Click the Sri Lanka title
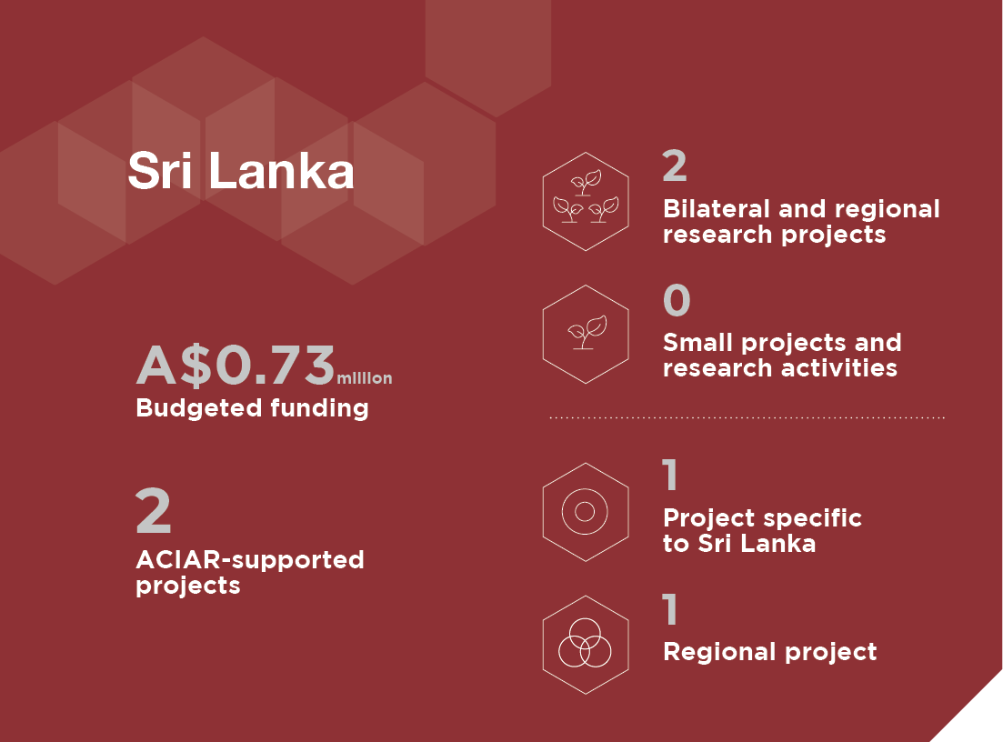click(240, 171)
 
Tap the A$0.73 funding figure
click(236, 366)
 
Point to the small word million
click(365, 378)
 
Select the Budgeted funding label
click(252, 408)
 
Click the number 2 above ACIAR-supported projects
click(154, 510)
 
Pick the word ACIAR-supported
click(250, 560)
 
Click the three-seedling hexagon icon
click(586, 202)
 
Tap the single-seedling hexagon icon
click(586, 335)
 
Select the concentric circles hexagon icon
click(586, 512)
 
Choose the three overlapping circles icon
click(586, 645)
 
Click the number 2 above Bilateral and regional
click(675, 165)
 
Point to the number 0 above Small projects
click(677, 299)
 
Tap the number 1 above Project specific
click(670, 475)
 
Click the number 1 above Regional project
click(670, 609)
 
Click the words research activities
click(780, 367)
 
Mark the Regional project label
click(770, 652)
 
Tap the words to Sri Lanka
click(739, 543)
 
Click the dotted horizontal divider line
click(747, 417)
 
